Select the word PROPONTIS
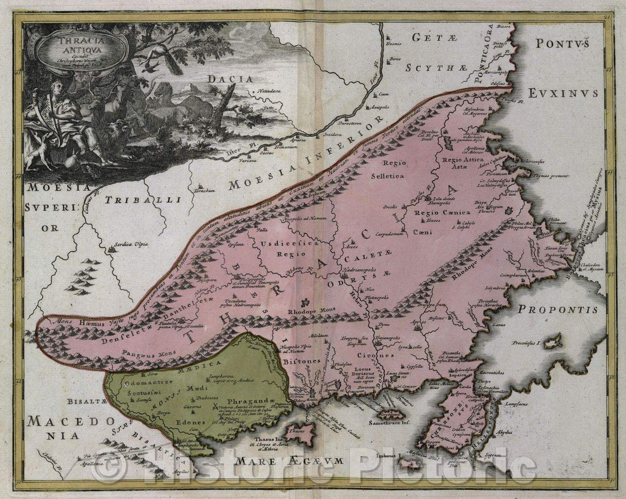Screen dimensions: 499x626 coord(558,309)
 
